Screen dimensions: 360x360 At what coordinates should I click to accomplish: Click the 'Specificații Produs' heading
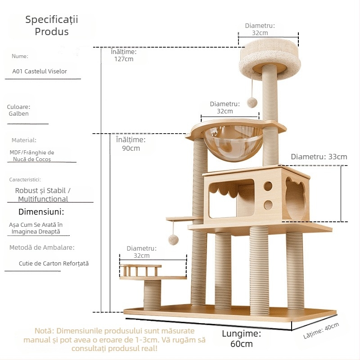click(x=52, y=25)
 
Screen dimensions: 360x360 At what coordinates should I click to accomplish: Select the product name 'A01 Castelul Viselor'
click(x=40, y=71)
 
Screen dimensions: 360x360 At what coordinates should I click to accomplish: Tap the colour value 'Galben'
click(x=18, y=114)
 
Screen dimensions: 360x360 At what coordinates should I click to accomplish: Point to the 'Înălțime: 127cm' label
click(x=123, y=55)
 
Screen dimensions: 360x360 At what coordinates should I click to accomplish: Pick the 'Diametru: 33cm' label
click(x=319, y=157)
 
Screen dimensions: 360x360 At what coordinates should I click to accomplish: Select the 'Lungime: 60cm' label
click(x=241, y=339)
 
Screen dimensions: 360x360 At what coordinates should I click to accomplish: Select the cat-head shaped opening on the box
click(x=295, y=198)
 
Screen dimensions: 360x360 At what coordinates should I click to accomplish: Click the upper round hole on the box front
click(x=268, y=185)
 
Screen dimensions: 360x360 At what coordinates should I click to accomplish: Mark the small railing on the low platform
click(x=140, y=271)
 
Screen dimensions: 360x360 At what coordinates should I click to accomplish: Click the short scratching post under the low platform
click(x=153, y=295)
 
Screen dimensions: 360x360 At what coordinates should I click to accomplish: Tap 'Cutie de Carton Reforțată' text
click(x=54, y=264)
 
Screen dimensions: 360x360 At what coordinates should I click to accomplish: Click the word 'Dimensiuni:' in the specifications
click(x=41, y=211)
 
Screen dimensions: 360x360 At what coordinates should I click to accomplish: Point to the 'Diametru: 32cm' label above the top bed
click(x=260, y=29)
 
